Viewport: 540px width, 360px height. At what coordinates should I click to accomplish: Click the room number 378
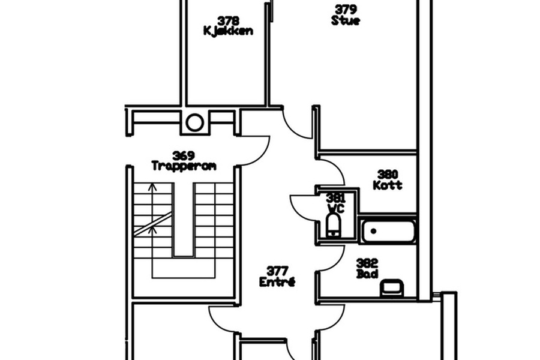[x=229, y=21]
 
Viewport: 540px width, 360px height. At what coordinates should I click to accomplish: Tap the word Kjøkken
[x=229, y=31]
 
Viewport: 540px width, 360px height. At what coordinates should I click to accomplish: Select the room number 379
[x=346, y=10]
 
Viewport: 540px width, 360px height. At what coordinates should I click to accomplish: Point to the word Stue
[x=346, y=20]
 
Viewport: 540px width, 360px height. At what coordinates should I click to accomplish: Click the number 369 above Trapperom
[x=184, y=156]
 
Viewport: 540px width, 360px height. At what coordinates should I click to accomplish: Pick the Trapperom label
[x=184, y=166]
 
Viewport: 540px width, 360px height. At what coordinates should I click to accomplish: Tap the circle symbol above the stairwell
[x=194, y=122]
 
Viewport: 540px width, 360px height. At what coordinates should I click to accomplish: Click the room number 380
[x=388, y=175]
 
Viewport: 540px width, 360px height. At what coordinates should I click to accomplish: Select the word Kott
[x=388, y=185]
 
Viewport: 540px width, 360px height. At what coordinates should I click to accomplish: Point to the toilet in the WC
[x=333, y=226]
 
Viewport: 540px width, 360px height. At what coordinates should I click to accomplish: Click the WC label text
[x=335, y=208]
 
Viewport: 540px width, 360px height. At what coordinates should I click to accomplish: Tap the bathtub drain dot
[x=373, y=231]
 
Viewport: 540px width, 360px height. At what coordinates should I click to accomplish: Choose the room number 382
[x=367, y=263]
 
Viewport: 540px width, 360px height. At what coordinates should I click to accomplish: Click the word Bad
[x=367, y=274]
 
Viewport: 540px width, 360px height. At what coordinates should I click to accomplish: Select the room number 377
[x=277, y=271]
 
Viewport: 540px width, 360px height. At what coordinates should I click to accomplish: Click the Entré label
[x=277, y=282]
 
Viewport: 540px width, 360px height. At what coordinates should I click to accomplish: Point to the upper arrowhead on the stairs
[x=152, y=187]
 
